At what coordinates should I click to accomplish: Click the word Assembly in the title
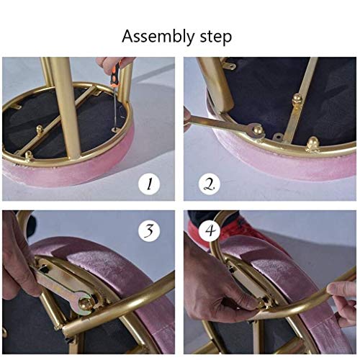coord(155,35)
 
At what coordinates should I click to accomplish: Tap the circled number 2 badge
coord(210,184)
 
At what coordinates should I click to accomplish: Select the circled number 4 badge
coord(210,233)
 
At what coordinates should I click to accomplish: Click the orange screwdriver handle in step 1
coord(113,71)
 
